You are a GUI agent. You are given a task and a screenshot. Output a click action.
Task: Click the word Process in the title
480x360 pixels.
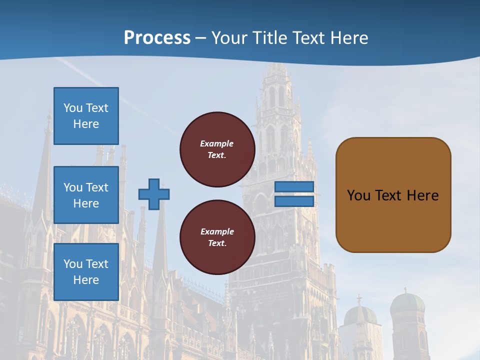(157, 38)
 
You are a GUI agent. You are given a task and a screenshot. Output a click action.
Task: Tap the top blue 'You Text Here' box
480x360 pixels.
(86, 116)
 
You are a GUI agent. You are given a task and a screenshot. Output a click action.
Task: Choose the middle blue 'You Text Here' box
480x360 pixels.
(86, 195)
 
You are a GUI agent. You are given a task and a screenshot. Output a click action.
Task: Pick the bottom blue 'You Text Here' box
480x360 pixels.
(86, 272)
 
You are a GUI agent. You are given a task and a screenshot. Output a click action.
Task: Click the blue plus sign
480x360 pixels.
(154, 194)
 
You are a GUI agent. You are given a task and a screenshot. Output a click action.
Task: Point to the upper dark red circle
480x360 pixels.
(217, 149)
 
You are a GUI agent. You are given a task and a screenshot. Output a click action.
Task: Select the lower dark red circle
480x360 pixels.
(217, 237)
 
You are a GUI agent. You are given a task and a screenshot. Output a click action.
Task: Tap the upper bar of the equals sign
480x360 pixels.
(294, 186)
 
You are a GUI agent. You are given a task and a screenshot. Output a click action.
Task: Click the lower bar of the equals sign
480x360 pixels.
(294, 201)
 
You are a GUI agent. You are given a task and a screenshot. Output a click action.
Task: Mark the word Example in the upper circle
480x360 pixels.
(217, 143)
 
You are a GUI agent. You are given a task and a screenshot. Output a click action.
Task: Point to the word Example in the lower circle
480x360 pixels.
(217, 231)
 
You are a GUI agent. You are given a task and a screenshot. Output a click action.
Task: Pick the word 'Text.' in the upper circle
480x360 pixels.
(217, 155)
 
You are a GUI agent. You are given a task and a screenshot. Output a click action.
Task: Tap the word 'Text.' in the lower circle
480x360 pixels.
(217, 243)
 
